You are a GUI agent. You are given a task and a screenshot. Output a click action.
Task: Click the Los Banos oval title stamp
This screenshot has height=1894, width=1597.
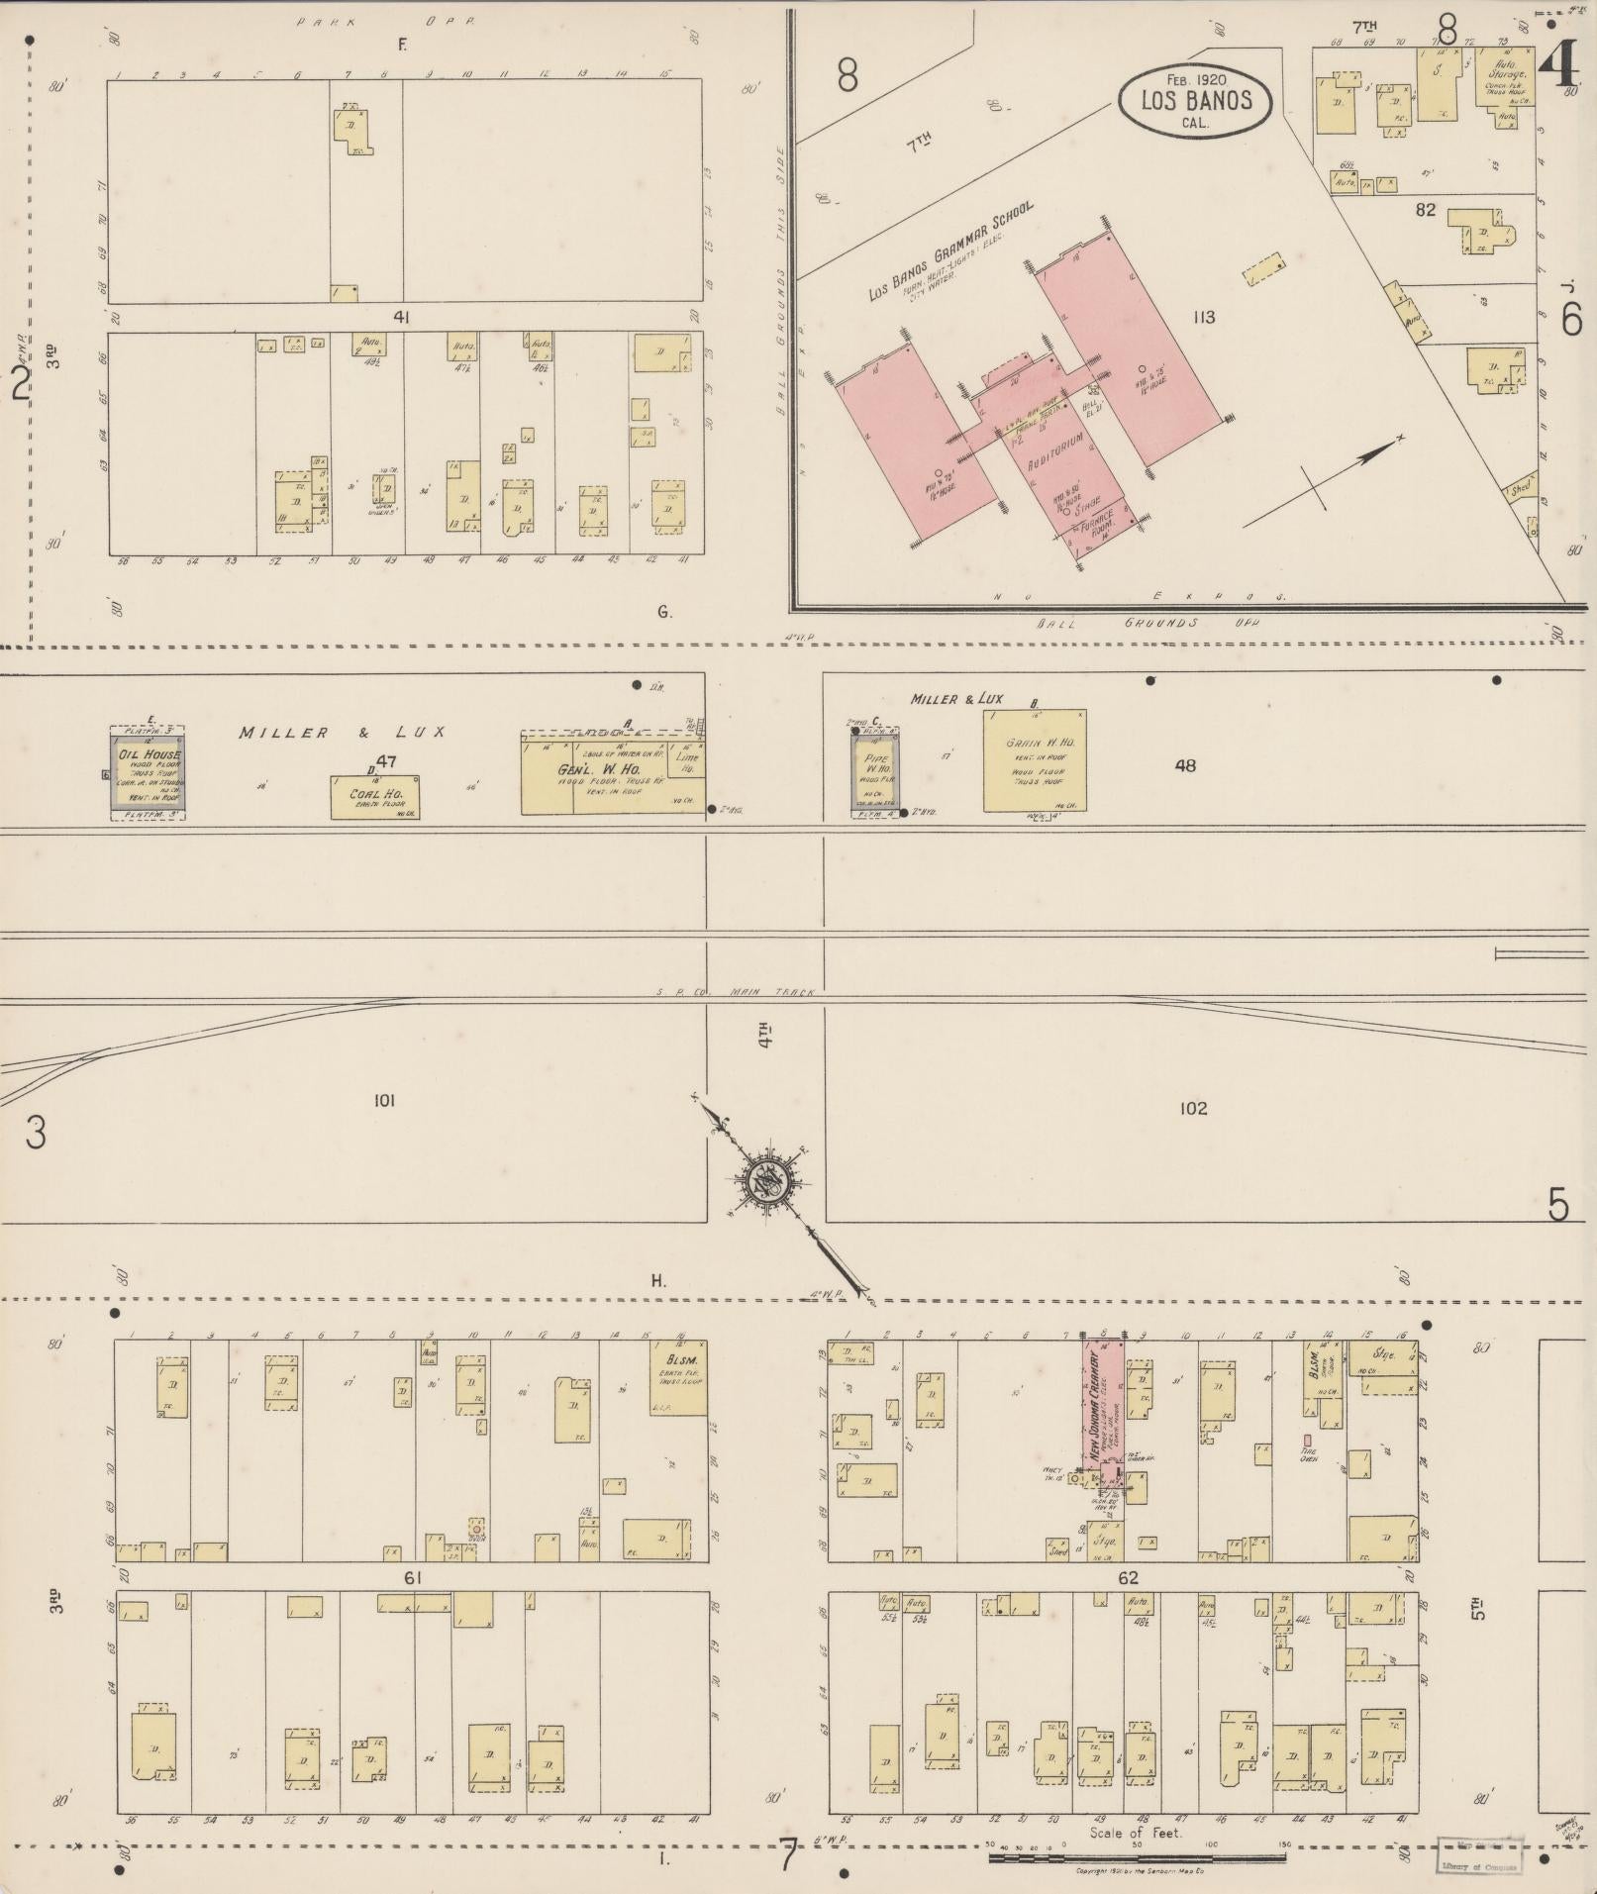click(1195, 99)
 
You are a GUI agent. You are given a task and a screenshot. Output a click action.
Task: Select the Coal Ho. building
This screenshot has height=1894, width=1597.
click(374, 797)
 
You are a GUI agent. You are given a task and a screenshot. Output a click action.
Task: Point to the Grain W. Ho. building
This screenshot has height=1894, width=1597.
click(1034, 760)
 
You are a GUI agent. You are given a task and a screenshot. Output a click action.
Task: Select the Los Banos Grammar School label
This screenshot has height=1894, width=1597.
click(950, 252)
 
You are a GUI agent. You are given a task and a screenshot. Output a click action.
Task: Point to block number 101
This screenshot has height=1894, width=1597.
click(384, 1101)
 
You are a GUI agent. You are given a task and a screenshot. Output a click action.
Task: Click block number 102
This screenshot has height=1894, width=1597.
click(1193, 1108)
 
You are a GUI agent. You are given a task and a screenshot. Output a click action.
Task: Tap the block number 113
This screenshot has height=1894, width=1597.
click(1204, 318)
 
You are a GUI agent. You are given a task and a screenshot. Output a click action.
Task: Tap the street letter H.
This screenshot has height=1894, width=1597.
click(658, 1281)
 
